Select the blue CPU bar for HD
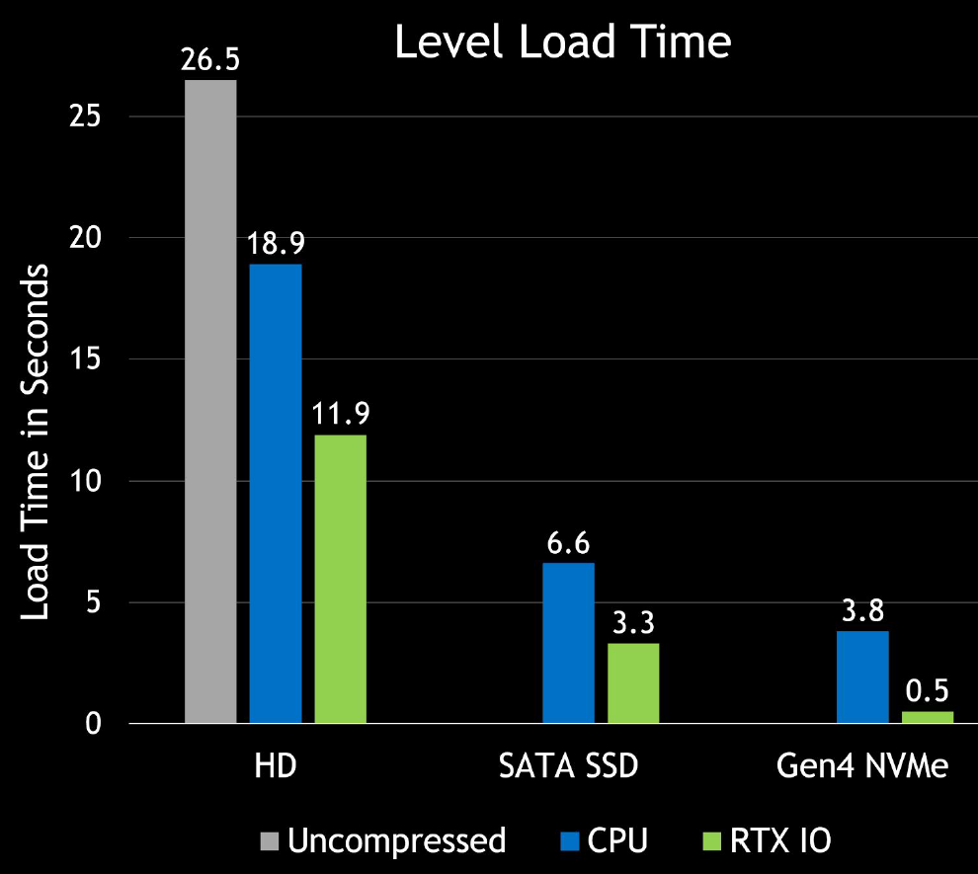click(x=276, y=494)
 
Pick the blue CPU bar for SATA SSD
click(x=569, y=643)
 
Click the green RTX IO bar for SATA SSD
click(x=633, y=683)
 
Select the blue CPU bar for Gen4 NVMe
click(x=862, y=677)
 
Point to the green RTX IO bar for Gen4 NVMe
click(x=928, y=717)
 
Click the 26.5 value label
click(x=209, y=59)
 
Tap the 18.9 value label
click(x=276, y=244)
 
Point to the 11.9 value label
click(x=341, y=414)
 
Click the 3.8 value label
click(x=862, y=610)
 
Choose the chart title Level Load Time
click(x=563, y=43)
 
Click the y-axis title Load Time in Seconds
click(x=36, y=442)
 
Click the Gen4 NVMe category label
click(x=862, y=767)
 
